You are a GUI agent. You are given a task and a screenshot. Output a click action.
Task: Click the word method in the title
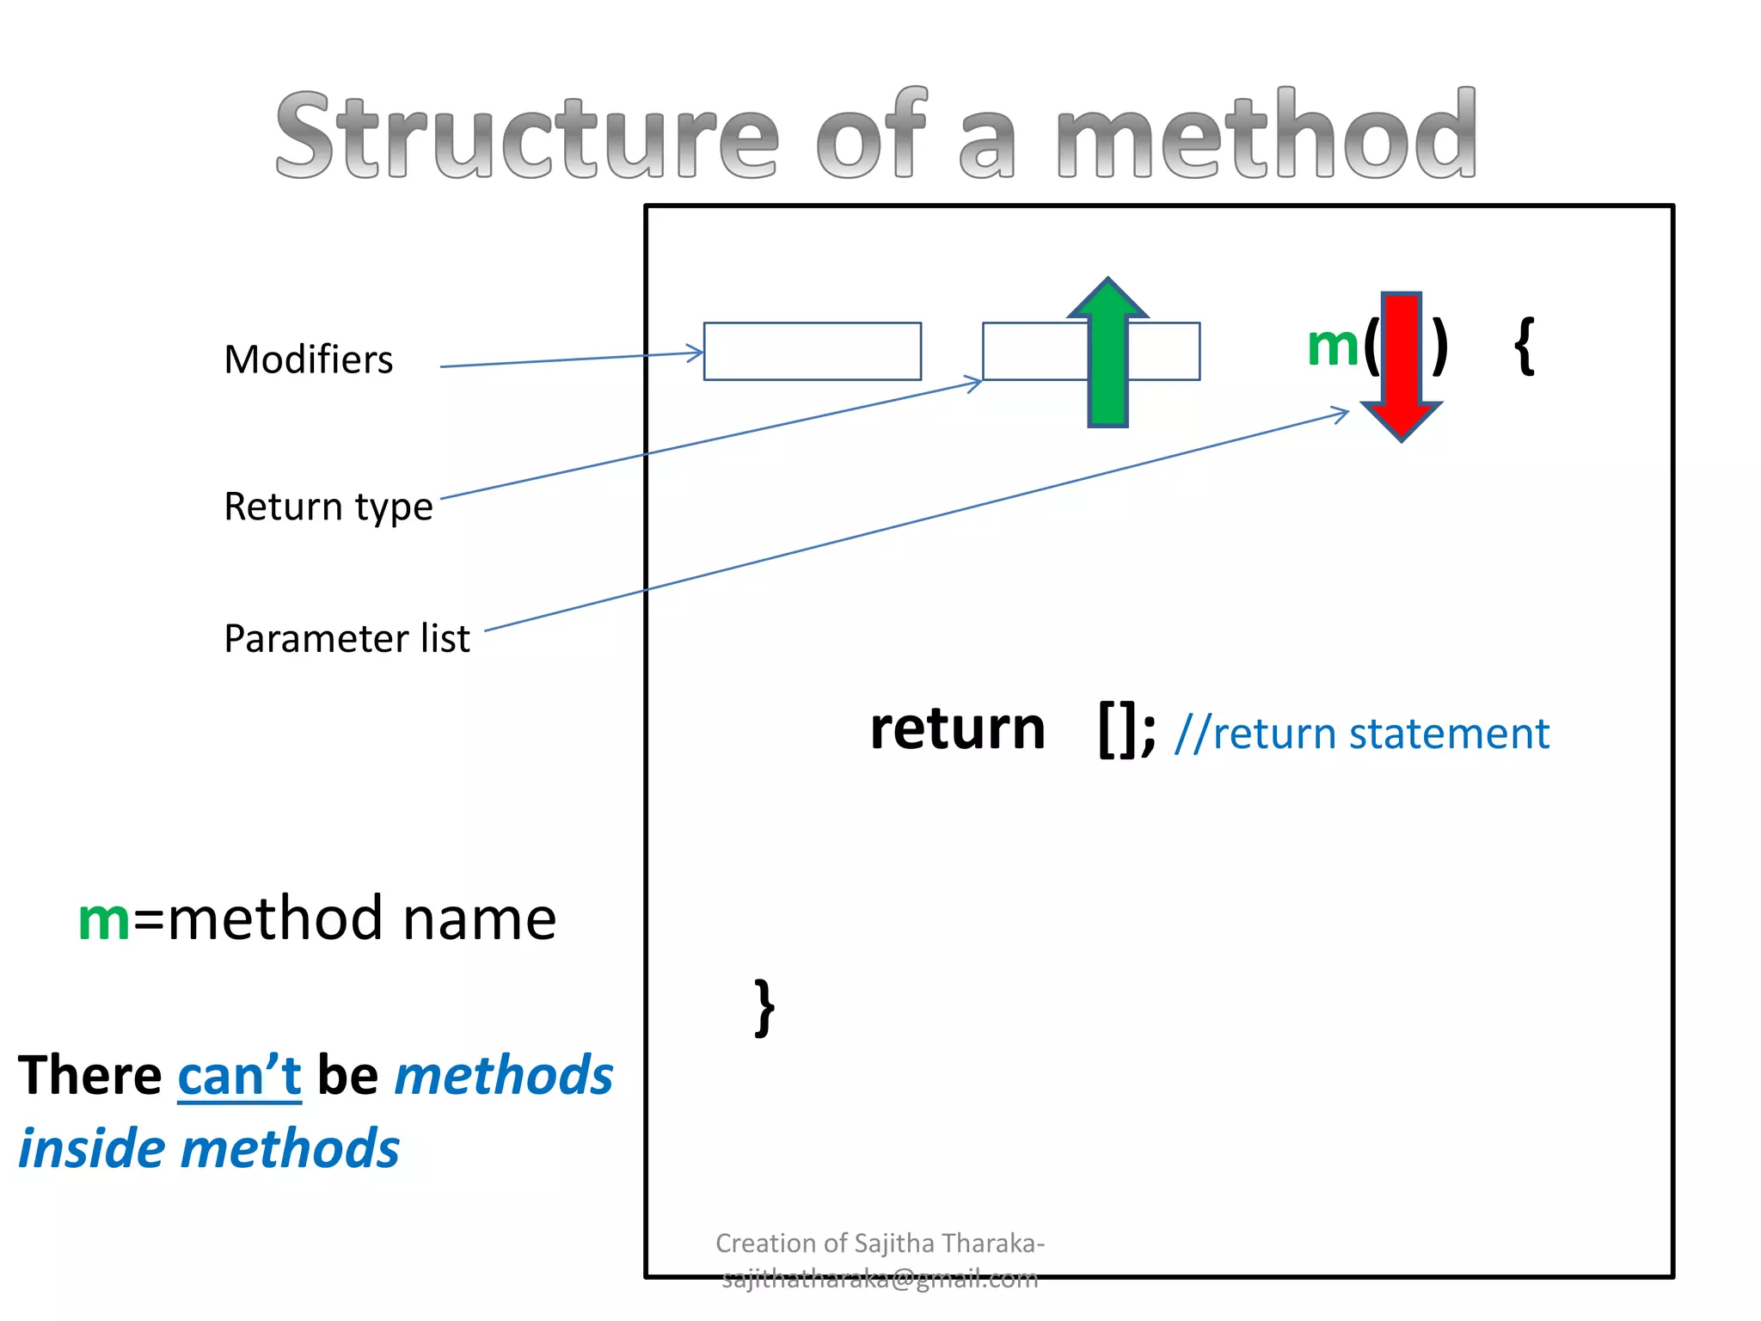point(1265,136)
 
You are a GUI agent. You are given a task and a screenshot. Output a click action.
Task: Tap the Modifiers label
point(308,359)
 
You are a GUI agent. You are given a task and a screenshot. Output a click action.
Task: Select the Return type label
point(328,507)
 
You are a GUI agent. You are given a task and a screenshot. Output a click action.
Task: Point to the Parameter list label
point(347,639)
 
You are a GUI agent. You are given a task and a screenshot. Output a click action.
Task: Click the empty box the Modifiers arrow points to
point(812,351)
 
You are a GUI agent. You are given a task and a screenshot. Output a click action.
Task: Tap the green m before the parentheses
point(1332,347)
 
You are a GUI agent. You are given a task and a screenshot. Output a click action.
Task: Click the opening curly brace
point(1525,346)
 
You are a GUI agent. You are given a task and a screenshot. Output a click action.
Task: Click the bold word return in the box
point(957,729)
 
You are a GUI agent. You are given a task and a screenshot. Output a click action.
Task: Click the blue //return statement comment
point(1362,734)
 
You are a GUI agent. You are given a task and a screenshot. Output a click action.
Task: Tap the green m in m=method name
point(104,920)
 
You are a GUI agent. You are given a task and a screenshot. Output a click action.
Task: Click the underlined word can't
point(239,1076)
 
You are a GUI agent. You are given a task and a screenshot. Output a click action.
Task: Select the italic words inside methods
point(209,1149)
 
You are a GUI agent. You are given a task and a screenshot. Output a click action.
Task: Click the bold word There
point(90,1076)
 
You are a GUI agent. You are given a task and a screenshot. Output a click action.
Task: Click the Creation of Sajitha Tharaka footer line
point(880,1244)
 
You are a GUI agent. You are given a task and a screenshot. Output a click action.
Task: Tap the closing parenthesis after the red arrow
point(1439,347)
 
